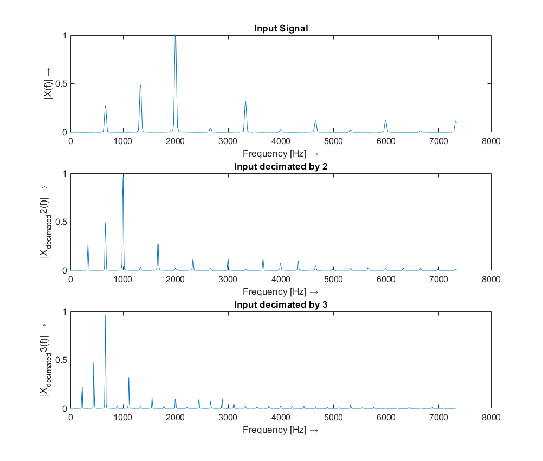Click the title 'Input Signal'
pos(281,28)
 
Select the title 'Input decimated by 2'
pos(281,166)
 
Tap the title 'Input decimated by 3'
pos(281,304)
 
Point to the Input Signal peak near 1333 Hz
pos(140,86)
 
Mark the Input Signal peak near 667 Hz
pos(106,107)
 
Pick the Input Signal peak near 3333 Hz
pos(245,102)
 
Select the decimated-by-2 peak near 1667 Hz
pos(158,244)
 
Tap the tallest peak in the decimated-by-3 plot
pos(105,316)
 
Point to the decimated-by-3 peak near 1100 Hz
pos(128,378)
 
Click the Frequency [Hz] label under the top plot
pos(281,153)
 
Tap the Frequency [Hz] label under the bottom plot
pos(281,430)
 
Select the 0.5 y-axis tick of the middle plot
pos(60,222)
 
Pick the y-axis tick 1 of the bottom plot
pos(64,312)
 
